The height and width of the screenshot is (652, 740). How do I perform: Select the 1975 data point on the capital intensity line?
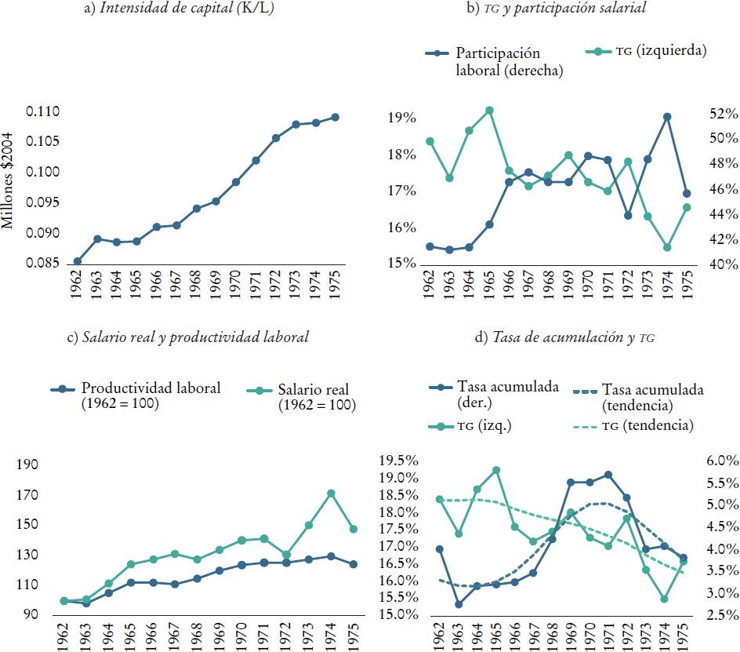click(x=335, y=117)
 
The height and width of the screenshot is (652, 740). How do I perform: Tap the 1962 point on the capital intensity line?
click(x=78, y=261)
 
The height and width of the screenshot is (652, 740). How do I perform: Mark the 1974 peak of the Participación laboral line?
click(x=667, y=117)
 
